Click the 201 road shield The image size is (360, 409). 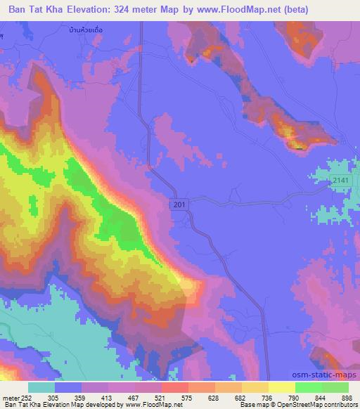(179, 204)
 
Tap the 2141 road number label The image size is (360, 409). (341, 181)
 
